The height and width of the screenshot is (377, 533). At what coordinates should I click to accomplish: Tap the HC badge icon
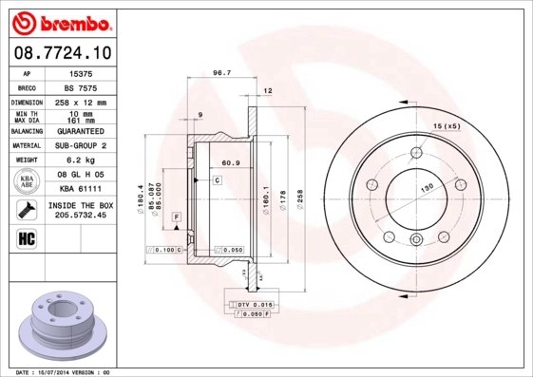27,237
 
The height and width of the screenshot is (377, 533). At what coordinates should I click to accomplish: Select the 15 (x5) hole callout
447,126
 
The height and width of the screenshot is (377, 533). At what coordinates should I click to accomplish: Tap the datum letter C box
217,179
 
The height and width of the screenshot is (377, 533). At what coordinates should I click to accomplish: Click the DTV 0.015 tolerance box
254,303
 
